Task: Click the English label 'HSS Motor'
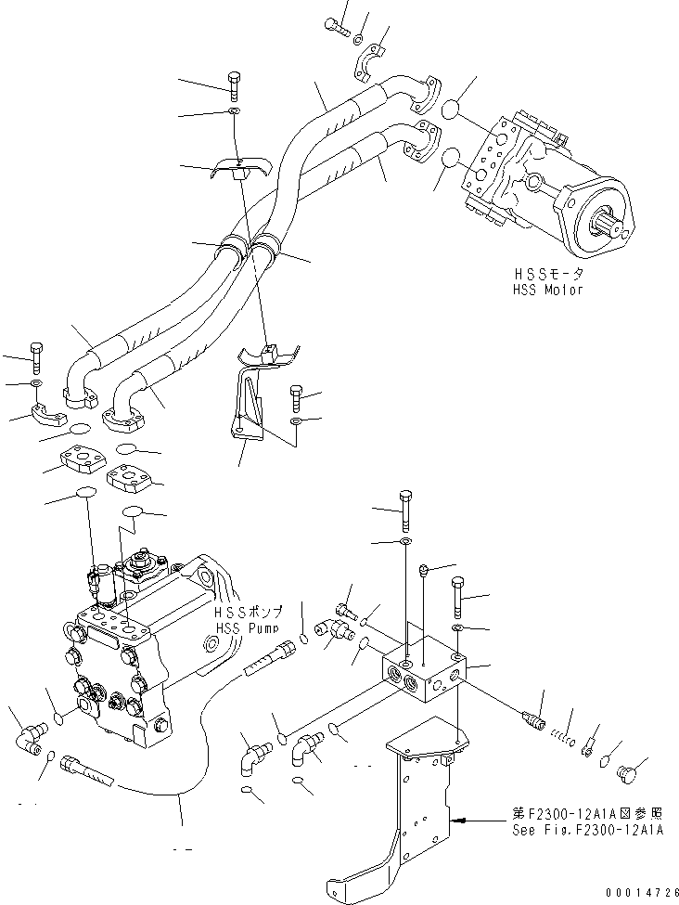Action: [x=549, y=290]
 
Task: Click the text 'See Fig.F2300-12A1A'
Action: [x=588, y=830]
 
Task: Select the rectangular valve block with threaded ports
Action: [x=421, y=671]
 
